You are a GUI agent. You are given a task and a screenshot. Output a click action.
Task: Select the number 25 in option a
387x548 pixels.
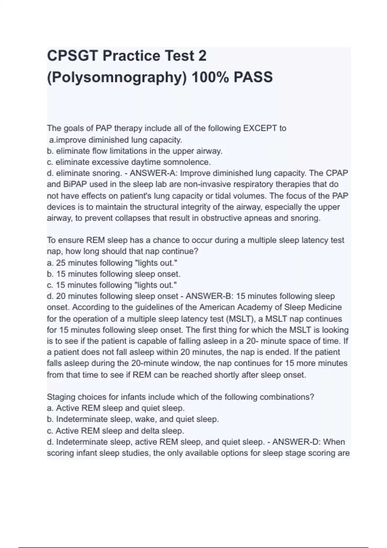(x=61, y=263)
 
